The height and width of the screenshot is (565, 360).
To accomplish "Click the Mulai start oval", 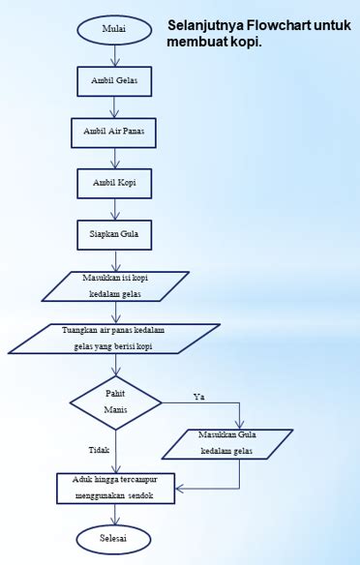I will (114, 29).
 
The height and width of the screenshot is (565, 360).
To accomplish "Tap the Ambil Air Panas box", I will (114, 130).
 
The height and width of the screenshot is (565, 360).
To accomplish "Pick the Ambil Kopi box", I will (114, 181).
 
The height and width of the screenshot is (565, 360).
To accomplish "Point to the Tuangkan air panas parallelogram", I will (114, 339).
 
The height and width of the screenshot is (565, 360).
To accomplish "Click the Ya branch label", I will (199, 397).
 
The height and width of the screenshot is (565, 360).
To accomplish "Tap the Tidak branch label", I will (99, 450).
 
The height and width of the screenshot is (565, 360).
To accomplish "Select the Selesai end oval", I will (114, 536).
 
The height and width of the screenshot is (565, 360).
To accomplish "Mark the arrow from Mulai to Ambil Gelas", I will (115, 54).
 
